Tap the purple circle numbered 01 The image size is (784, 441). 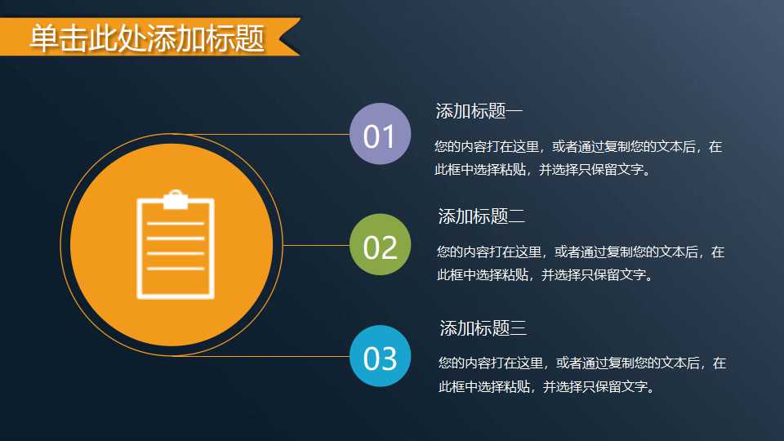pyautogui.click(x=379, y=135)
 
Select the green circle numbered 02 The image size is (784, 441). pyautogui.click(x=380, y=245)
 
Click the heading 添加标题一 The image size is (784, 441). pyautogui.click(x=479, y=111)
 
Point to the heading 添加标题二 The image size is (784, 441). pyautogui.click(x=481, y=216)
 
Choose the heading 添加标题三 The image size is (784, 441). pyautogui.click(x=483, y=328)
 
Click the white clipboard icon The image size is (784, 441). pyautogui.click(x=176, y=245)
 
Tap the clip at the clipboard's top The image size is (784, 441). pyautogui.click(x=176, y=199)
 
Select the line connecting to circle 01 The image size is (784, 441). pyautogui.click(x=269, y=134)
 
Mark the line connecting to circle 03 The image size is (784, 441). pyautogui.click(x=269, y=357)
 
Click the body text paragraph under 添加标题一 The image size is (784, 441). pyautogui.click(x=578, y=158)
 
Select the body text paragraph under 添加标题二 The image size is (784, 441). pyautogui.click(x=580, y=264)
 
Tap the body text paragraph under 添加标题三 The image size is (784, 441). pyautogui.click(x=581, y=374)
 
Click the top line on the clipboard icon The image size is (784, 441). pyautogui.click(x=176, y=223)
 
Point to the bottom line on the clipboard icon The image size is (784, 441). pyautogui.click(x=176, y=268)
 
